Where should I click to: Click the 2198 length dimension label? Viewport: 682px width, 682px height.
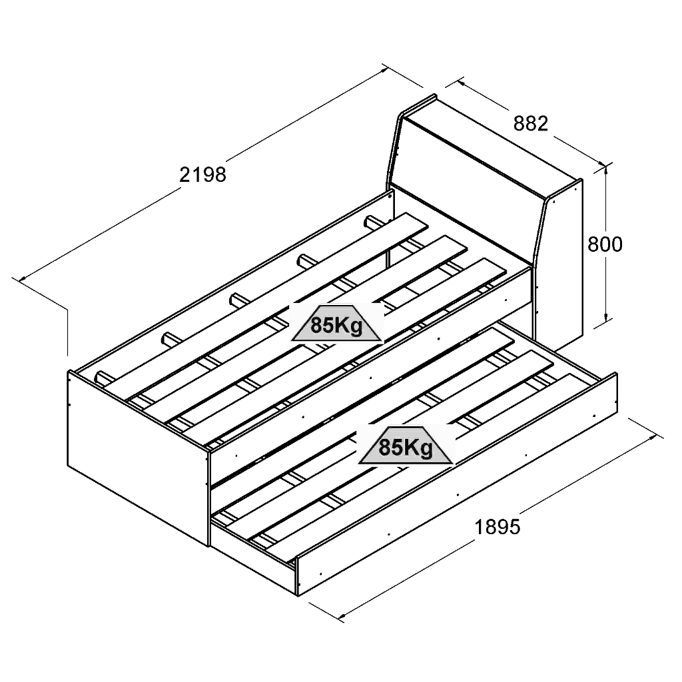pyautogui.click(x=203, y=174)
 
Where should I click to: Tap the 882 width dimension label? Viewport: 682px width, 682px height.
pyautogui.click(x=531, y=123)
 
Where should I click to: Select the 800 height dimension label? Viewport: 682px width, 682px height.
pyautogui.click(x=605, y=244)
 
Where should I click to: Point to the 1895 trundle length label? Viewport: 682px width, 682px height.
pyautogui.click(x=497, y=527)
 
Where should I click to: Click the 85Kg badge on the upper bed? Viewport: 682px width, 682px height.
pyautogui.click(x=337, y=325)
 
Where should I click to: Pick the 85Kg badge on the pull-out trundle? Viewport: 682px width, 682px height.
pyautogui.click(x=406, y=447)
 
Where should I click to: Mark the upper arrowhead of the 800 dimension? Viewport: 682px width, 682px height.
pyautogui.click(x=607, y=168)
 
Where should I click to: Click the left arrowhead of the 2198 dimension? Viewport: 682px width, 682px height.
pyautogui.click(x=23, y=279)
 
